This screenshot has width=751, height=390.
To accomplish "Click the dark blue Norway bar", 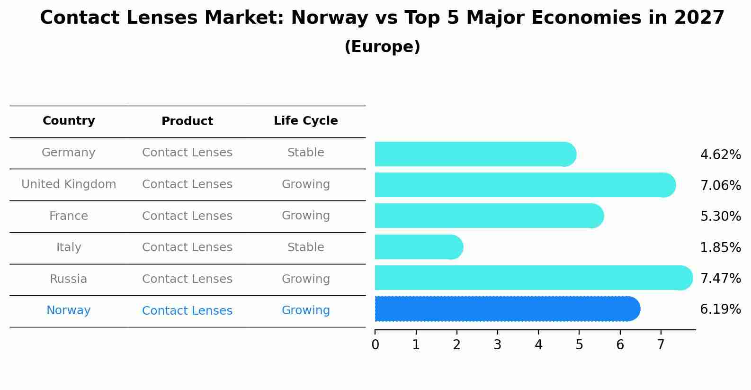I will click(x=507, y=309).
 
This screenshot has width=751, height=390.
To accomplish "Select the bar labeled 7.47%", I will click(x=533, y=278).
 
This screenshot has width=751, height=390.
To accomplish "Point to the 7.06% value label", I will click(x=720, y=185).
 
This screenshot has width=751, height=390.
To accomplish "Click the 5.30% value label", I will click(x=720, y=217).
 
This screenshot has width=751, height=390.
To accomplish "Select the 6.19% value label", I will click(x=720, y=309).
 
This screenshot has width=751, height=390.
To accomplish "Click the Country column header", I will click(x=69, y=121).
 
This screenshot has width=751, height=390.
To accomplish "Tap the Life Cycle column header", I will click(x=305, y=121).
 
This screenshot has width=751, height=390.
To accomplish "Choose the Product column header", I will click(x=187, y=121).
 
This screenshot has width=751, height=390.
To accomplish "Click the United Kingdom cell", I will click(x=69, y=184).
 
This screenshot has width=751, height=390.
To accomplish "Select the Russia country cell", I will click(x=69, y=279).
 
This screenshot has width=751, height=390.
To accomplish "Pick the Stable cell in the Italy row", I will click(x=305, y=247).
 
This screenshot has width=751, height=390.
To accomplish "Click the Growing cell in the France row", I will click(x=305, y=216).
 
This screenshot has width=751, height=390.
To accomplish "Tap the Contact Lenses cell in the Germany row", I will click(x=187, y=153).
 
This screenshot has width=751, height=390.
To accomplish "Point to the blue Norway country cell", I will click(x=69, y=310).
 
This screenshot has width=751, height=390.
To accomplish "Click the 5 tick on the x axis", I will click(x=579, y=345).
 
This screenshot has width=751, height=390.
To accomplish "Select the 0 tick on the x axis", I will click(x=375, y=345).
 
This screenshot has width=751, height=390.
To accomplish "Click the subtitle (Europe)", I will click(x=382, y=47).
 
